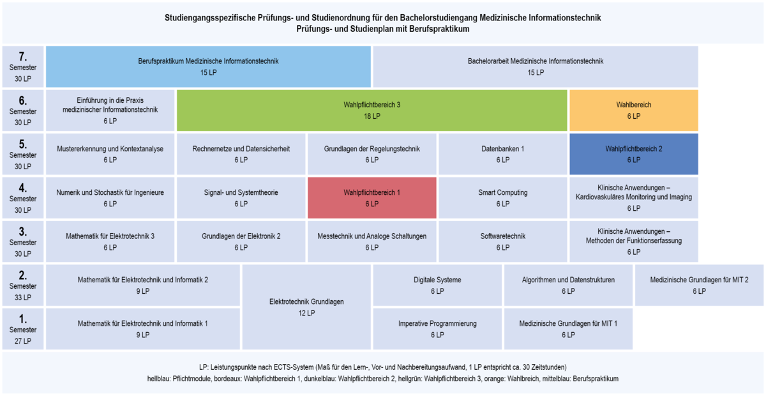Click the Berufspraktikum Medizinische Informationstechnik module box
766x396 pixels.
[x=208, y=66]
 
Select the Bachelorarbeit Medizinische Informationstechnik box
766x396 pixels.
[x=536, y=66]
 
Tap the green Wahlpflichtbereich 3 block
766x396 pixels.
[x=372, y=110]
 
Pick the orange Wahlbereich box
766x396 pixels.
[x=634, y=110]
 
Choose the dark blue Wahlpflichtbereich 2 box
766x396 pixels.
[x=634, y=154]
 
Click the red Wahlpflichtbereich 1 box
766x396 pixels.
[x=372, y=198]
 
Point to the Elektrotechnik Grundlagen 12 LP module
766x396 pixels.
[x=306, y=307]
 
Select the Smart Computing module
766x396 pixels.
[x=503, y=198]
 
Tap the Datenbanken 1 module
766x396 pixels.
[x=503, y=154]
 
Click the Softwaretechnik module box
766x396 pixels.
[x=503, y=241]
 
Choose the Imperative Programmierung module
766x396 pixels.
[x=437, y=329]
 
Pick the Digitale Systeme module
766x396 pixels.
[x=437, y=285]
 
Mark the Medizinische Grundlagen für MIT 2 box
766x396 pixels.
[x=699, y=285]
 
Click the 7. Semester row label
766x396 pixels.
[x=23, y=66]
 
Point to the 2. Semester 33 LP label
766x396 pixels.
[x=23, y=285]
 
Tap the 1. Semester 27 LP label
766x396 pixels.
[x=23, y=329]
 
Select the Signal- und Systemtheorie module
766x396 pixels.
[x=241, y=198]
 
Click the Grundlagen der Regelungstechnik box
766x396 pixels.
[x=372, y=154]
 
